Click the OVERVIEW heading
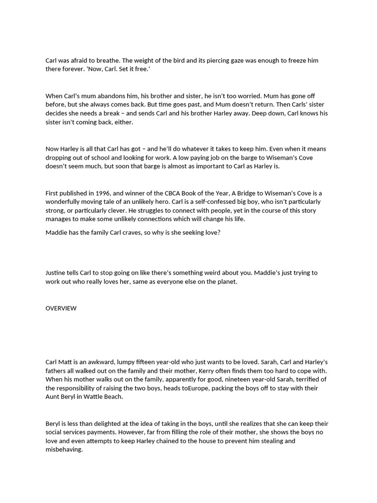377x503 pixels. coord(61,308)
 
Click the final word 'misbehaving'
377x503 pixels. coord(64,450)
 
